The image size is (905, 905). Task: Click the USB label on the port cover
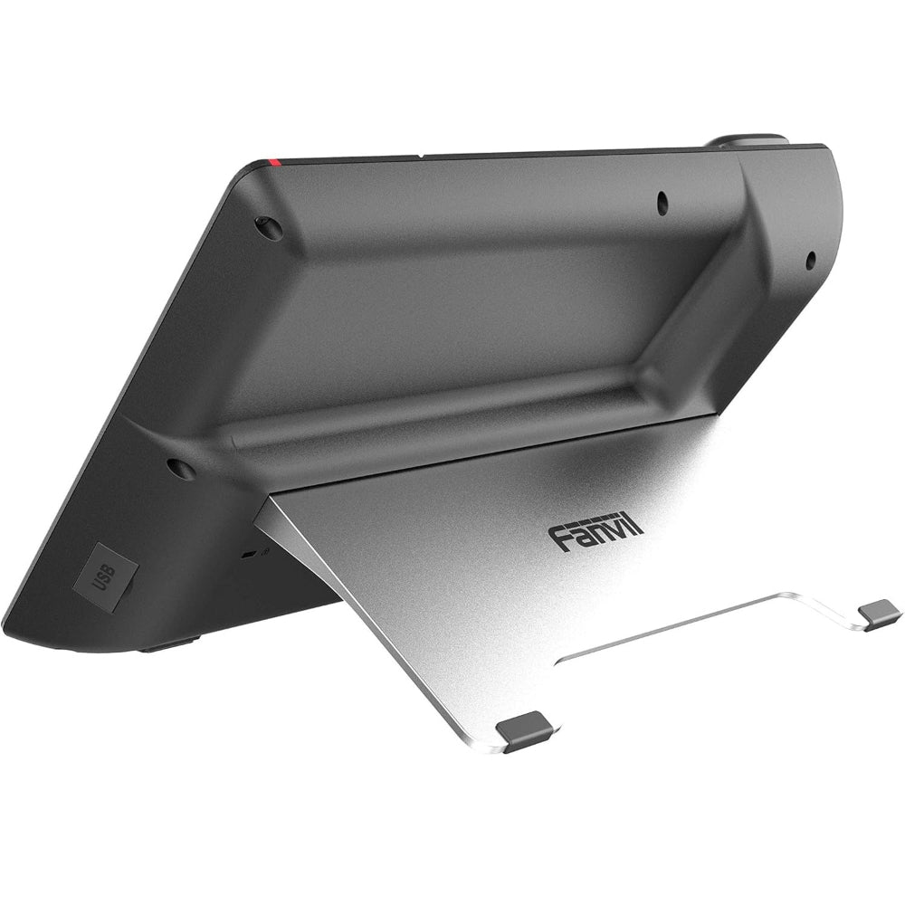point(105,575)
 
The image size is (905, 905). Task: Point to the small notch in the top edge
point(423,155)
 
